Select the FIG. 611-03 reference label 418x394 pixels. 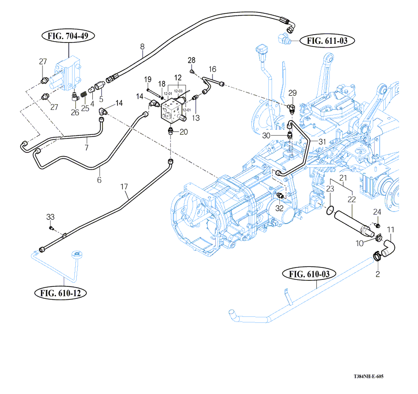(327, 41)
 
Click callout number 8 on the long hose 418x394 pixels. (142, 47)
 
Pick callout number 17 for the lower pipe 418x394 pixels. (124, 187)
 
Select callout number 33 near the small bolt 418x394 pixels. (50, 217)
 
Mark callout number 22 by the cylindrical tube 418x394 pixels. (352, 200)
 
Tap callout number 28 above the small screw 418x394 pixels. (192, 61)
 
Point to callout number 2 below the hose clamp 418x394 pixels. (377, 274)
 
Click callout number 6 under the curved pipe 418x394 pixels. (99, 180)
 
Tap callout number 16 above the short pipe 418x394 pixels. (212, 69)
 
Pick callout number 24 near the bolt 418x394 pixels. (377, 212)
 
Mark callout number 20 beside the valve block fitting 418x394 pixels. (184, 131)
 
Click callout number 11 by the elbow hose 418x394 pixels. (391, 229)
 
